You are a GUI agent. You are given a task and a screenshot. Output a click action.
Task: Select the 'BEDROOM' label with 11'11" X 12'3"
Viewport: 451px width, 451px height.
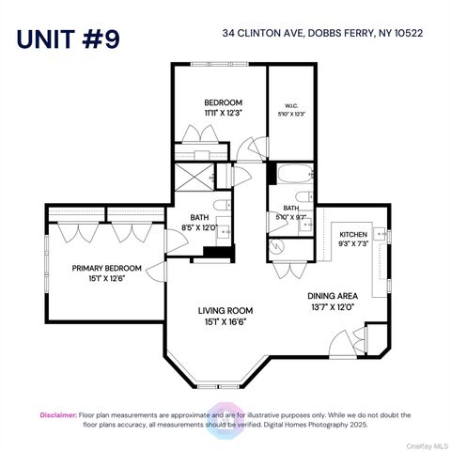tap(223, 102)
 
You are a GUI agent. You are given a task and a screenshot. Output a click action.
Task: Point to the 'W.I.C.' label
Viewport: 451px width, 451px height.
tap(289, 105)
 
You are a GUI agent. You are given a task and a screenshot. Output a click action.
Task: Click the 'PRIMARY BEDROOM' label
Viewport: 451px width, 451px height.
tap(106, 268)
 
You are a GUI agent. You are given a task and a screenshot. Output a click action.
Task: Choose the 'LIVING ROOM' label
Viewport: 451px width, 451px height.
tap(225, 310)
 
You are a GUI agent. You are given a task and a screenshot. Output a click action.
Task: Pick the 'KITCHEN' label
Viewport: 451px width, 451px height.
tap(353, 234)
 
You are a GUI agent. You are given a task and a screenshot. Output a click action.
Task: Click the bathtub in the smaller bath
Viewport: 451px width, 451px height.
tap(289, 175)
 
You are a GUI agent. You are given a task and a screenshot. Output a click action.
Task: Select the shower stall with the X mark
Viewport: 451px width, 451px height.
tap(193, 176)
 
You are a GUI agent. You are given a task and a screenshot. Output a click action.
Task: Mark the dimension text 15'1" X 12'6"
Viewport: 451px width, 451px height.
tap(106, 278)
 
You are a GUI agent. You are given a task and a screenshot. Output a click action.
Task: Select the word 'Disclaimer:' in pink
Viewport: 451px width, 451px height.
tap(58, 413)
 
